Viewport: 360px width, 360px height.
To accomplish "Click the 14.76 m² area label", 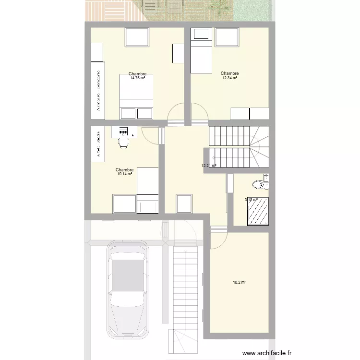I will click(x=137, y=78).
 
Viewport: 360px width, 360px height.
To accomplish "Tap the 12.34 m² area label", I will click(x=230, y=78).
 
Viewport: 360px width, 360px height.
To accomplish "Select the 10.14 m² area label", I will click(x=124, y=174).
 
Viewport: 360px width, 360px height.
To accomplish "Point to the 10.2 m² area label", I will click(x=239, y=283).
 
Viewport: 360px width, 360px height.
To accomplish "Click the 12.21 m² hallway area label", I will click(x=209, y=166).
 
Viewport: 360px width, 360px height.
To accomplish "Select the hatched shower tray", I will click(x=258, y=211).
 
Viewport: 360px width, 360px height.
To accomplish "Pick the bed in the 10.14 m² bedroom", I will click(x=148, y=190).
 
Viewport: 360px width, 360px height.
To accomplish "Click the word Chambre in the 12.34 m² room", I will click(x=230, y=73).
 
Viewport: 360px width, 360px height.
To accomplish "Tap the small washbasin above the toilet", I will click(x=266, y=178).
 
